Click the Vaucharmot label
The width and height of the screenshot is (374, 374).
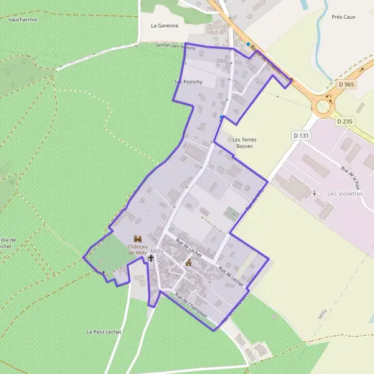pos(23,19)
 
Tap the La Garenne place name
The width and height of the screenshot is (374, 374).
pos(165,26)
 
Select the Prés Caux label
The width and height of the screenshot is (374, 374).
pos(343,17)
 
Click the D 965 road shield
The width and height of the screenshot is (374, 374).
pos(347,84)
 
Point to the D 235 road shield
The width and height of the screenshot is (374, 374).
pos(344,122)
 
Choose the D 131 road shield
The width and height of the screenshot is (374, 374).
pos(300,135)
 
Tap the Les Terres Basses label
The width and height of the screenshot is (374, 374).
pos(243,143)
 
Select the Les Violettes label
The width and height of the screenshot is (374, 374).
pos(345,194)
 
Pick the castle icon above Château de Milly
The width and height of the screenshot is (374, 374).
pos(137,238)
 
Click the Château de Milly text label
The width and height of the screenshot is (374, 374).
pos(137,249)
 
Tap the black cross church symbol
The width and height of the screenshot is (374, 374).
pos(151,257)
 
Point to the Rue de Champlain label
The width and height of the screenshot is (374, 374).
pos(190,304)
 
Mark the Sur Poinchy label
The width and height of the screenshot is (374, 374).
pos(185,82)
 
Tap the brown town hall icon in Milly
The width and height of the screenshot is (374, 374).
pos(188,262)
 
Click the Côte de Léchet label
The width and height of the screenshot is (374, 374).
pos(6,243)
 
